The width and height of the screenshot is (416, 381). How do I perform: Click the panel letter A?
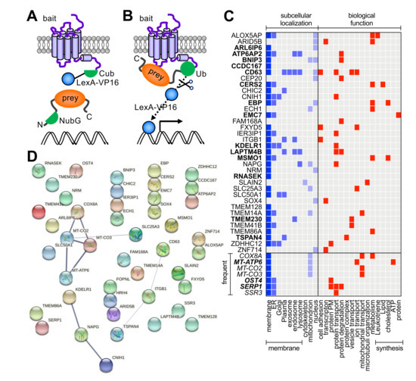point(13,13)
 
